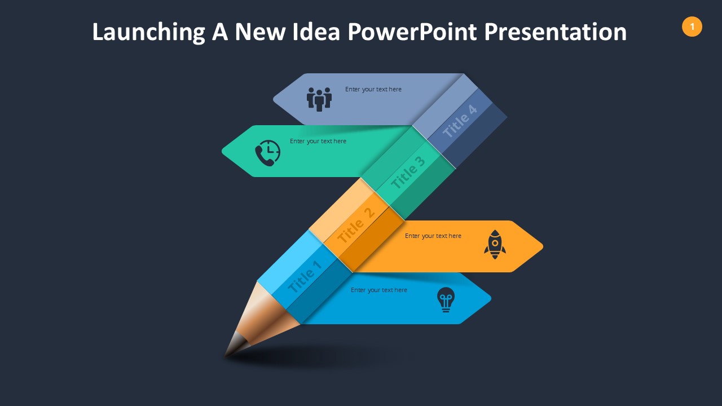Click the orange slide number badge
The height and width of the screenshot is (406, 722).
[x=692, y=27]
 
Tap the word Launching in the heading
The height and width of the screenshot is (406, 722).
[x=148, y=32]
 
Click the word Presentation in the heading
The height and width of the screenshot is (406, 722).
[x=556, y=32]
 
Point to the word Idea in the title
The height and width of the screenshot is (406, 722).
[x=316, y=32]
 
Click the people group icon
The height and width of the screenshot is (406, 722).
[x=319, y=99]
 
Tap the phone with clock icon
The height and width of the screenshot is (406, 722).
[x=267, y=153]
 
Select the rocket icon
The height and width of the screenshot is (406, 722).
[x=495, y=245]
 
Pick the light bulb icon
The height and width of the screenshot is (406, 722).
[x=446, y=299]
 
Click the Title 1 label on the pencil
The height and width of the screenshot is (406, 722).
[x=305, y=276]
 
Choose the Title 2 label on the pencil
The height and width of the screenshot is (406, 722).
[x=356, y=224]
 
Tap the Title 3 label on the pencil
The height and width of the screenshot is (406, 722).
[x=408, y=173]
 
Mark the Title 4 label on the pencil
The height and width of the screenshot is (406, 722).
[x=459, y=121]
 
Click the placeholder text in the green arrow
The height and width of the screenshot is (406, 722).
[x=318, y=141]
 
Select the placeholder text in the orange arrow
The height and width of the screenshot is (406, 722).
[x=433, y=236]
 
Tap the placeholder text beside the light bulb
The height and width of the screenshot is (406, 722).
[x=378, y=290]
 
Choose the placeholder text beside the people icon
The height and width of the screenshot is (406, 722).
[x=373, y=89]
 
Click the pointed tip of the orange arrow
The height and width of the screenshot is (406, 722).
[x=543, y=246]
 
